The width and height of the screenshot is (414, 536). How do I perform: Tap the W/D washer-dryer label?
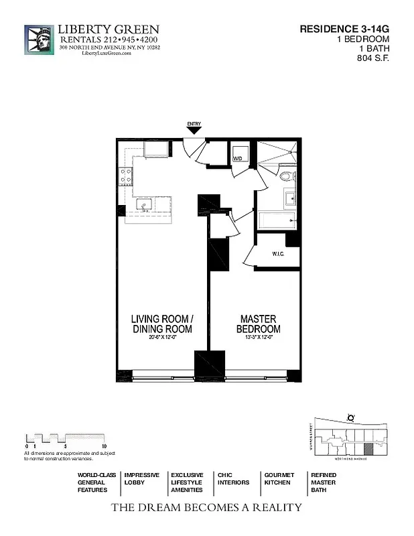[237, 159]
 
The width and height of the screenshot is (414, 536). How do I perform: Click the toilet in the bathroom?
[287, 177]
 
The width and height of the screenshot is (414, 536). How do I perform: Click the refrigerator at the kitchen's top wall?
[156, 149]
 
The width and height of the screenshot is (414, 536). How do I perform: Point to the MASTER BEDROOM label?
[258, 324]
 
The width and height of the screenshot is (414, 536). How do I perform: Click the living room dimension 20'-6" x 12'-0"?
[161, 337]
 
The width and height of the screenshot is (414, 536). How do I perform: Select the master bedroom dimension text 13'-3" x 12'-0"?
[258, 337]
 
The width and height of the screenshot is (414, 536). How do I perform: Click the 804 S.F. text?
[373, 58]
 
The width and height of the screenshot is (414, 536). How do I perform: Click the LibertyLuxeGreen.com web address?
[107, 54]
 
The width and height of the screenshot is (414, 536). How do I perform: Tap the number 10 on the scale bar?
[105, 446]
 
